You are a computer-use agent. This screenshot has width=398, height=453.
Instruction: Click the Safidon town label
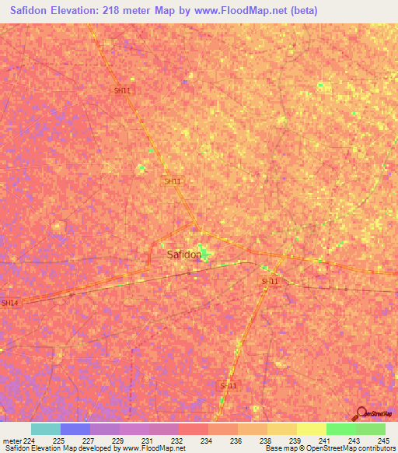(x=184, y=255)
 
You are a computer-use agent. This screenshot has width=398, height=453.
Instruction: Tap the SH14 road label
(x=9, y=303)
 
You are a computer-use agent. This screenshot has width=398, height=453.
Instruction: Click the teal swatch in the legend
(x=46, y=429)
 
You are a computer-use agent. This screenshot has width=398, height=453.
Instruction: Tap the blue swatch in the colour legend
(x=75, y=429)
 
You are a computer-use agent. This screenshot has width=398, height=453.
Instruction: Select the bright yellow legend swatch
(x=312, y=429)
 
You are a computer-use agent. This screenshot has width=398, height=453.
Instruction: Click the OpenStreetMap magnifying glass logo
(x=361, y=415)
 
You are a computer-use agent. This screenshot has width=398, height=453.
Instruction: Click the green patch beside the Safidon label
(x=204, y=252)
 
